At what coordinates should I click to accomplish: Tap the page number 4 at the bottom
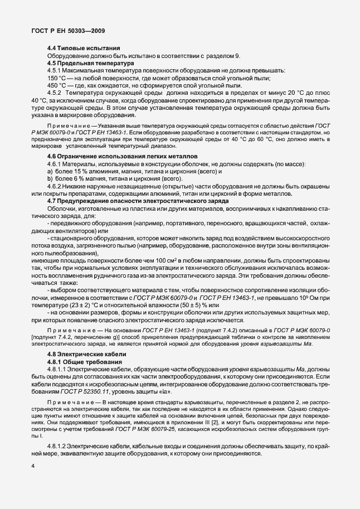click(33, 481)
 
